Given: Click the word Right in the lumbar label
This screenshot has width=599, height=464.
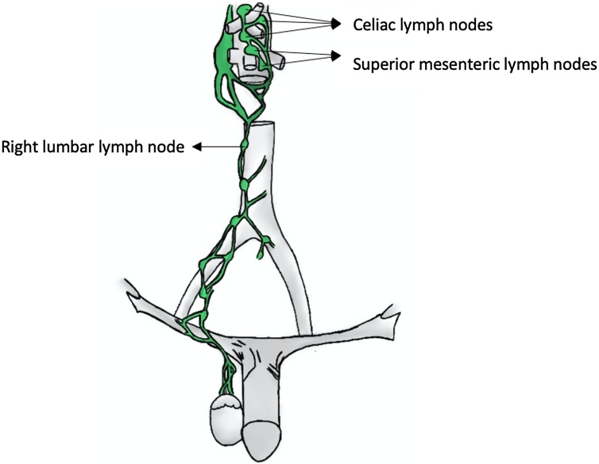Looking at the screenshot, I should tap(17, 147).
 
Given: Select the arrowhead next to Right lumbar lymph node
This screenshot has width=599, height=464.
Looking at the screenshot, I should tap(199, 147).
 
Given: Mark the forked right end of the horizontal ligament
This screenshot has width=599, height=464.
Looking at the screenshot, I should tap(389, 312).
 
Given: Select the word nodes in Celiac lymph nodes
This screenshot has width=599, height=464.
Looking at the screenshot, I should tap(471, 25).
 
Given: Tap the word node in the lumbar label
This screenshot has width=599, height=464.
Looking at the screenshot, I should tap(168, 147).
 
